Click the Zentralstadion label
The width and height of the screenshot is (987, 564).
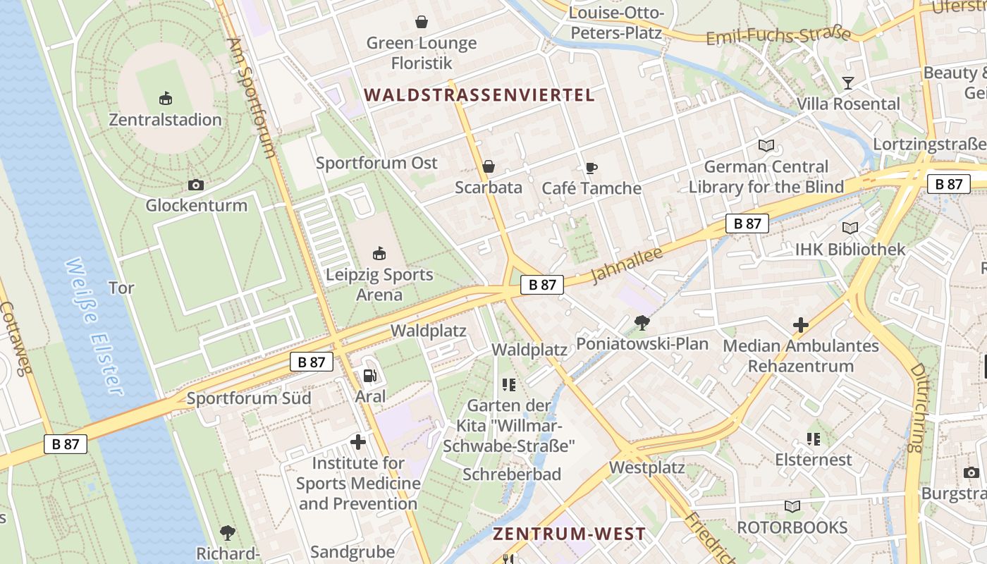(165, 120)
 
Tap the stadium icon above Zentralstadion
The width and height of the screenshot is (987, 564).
(166, 97)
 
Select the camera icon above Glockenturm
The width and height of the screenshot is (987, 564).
(196, 185)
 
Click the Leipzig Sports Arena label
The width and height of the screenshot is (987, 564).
(379, 284)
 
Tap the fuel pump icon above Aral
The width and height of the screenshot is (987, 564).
(369, 377)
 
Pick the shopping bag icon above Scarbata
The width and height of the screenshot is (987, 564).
(488, 167)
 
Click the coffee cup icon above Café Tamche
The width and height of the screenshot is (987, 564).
(591, 168)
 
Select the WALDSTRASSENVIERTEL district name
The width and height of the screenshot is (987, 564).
(479, 94)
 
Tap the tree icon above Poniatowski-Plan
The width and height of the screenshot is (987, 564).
(642, 323)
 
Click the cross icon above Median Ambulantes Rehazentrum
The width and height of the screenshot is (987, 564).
(800, 325)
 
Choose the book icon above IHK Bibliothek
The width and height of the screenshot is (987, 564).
(850, 228)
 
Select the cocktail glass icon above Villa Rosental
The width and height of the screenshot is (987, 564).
(848, 83)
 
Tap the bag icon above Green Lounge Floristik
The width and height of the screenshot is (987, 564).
(422, 22)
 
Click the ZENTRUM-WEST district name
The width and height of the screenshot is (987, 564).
(569, 534)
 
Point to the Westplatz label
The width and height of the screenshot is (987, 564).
(646, 467)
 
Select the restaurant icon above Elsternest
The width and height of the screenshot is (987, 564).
(814, 439)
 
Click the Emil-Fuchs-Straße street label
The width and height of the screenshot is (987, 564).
(778, 35)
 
